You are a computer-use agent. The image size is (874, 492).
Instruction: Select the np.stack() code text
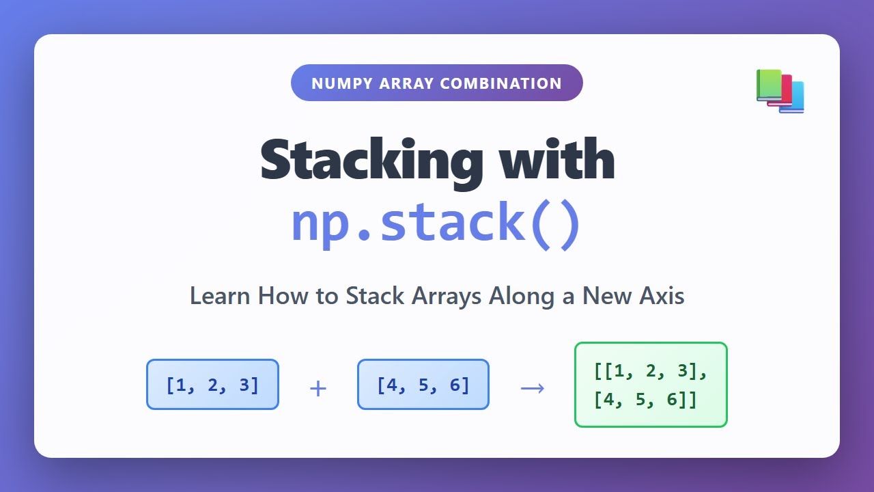pos(436,221)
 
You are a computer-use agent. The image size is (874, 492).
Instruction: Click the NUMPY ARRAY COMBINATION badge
pos(436,83)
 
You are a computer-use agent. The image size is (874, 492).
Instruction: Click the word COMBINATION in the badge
pos(501,83)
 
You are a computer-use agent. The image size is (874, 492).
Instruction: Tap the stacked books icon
pos(780,91)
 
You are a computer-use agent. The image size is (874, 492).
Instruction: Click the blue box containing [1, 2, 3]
pos(212,385)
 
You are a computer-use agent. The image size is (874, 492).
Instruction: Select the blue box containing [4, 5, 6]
pos(423,385)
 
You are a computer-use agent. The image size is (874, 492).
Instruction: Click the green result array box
pos(651,385)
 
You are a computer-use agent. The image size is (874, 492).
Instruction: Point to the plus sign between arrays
pos(318,389)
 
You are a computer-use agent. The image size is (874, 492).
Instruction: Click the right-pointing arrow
pos(533,388)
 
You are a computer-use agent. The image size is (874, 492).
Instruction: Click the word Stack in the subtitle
pos(371,296)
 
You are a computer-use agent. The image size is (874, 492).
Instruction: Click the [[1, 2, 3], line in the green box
pos(651,372)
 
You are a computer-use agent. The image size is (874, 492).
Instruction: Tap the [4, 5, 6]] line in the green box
pos(645,400)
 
